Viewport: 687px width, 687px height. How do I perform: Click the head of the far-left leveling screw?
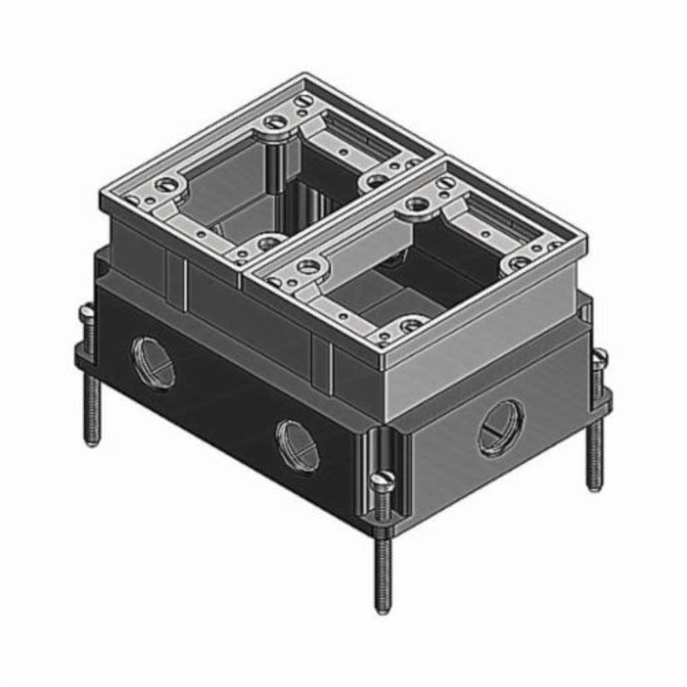(89, 314)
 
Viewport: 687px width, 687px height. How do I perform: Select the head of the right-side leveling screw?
(598, 358)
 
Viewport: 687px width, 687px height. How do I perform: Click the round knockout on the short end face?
(502, 427)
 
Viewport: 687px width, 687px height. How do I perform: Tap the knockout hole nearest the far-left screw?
(153, 361)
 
